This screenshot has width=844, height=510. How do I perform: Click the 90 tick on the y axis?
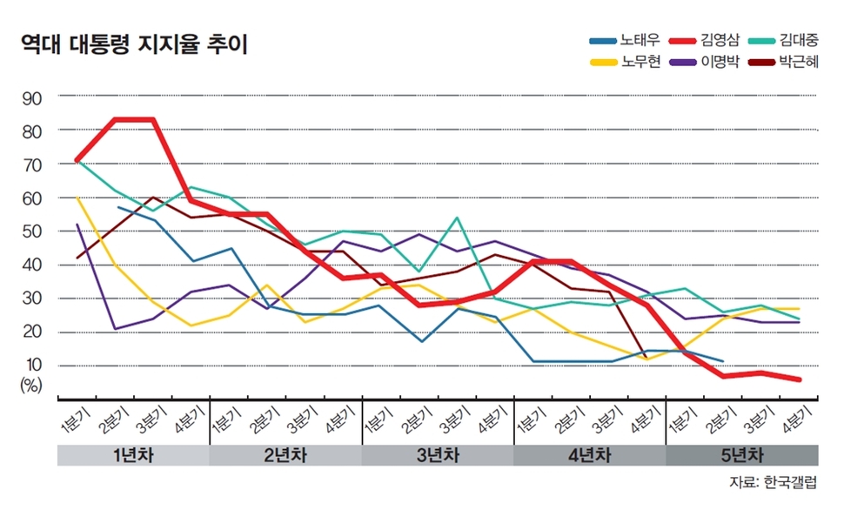31,97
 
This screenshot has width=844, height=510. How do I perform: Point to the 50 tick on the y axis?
31,232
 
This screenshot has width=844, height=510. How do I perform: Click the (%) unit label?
31,386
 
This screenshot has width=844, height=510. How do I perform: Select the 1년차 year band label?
133,454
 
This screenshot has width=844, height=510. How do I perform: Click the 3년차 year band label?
438,454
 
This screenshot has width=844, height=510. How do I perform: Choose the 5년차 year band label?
741,454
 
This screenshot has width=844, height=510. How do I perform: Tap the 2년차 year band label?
285,454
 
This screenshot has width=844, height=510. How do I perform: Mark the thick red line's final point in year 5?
800,379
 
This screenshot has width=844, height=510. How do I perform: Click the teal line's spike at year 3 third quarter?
458,218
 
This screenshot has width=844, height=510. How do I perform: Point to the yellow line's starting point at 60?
78,198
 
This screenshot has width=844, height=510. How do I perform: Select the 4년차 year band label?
589,454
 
